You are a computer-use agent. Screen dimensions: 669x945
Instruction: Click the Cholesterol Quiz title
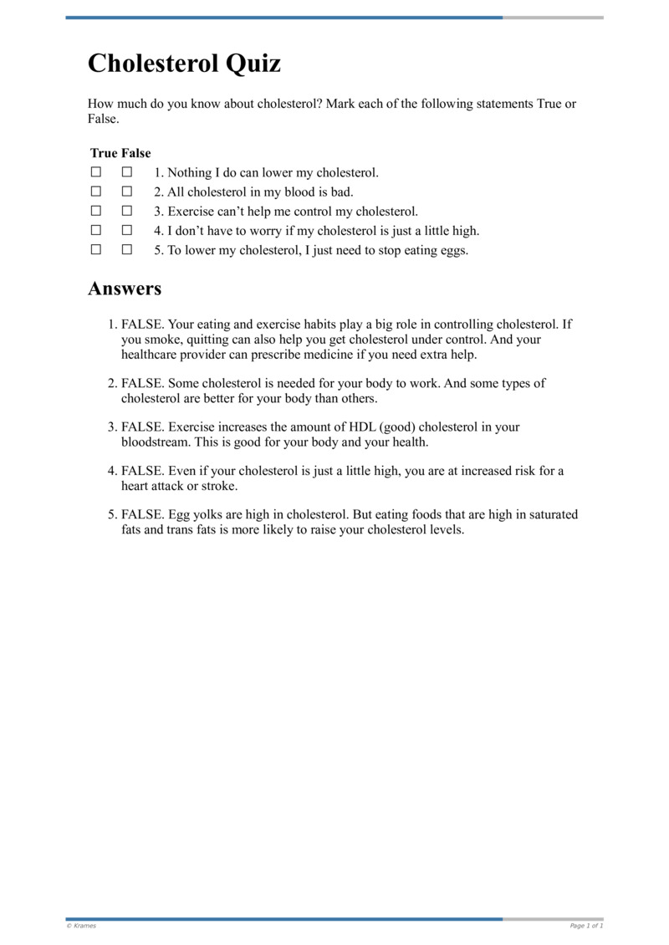(184, 64)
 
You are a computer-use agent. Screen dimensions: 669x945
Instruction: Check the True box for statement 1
(96, 172)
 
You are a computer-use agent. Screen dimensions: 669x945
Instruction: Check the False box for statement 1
(127, 172)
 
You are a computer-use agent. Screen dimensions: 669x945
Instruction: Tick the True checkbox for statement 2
(96, 192)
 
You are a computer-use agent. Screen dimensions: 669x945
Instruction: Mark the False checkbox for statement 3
(127, 211)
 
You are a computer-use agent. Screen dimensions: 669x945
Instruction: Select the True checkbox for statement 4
(96, 230)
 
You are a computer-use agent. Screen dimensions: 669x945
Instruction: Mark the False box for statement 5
(127, 249)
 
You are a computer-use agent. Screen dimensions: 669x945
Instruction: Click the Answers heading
(125, 289)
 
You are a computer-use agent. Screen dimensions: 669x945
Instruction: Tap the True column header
(104, 153)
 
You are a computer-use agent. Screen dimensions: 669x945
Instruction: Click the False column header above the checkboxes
(136, 153)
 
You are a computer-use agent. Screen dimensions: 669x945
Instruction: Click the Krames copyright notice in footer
(81, 926)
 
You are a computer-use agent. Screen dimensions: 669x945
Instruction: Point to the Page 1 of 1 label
(586, 926)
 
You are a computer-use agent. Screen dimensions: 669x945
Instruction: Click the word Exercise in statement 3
(192, 212)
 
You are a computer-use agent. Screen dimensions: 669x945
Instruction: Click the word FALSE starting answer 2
(142, 383)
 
